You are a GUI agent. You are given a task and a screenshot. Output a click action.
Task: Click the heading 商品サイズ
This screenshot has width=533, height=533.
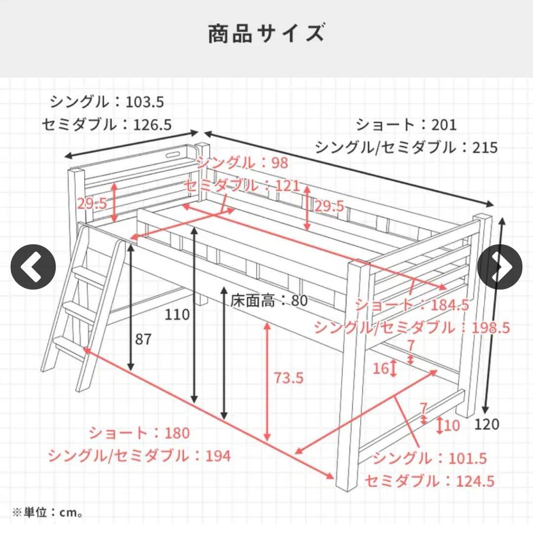[266, 35]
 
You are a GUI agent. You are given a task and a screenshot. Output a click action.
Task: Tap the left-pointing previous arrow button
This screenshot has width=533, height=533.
[34, 267]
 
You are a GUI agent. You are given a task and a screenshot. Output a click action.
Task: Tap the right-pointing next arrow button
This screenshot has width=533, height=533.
[499, 267]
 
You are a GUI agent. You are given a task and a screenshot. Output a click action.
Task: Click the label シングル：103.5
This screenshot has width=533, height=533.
[107, 102]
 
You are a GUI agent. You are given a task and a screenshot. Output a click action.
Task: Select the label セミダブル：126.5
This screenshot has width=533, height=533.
[107, 125]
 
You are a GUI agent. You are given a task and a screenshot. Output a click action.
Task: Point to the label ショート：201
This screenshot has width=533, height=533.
[406, 124]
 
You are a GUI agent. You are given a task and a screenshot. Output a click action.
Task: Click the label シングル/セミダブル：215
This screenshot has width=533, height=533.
[406, 147]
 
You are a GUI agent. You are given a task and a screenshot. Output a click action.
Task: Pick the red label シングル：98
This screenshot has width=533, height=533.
[242, 163]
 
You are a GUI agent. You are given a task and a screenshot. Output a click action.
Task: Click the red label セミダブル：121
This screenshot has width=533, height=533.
[242, 186]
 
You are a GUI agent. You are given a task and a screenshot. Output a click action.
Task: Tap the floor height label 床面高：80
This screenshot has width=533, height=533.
[269, 300]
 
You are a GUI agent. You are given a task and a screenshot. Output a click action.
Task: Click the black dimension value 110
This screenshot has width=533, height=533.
[178, 314]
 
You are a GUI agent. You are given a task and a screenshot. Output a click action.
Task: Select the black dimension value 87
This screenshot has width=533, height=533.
[144, 339]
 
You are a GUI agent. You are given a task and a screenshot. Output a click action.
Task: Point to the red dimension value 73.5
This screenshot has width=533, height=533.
[288, 378]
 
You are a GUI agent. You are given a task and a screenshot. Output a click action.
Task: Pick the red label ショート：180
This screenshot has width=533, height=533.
[139, 433]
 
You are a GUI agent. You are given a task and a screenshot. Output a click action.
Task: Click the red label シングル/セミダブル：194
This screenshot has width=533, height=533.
[139, 456]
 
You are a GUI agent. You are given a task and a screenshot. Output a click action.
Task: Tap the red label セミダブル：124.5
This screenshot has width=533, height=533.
[429, 480]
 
